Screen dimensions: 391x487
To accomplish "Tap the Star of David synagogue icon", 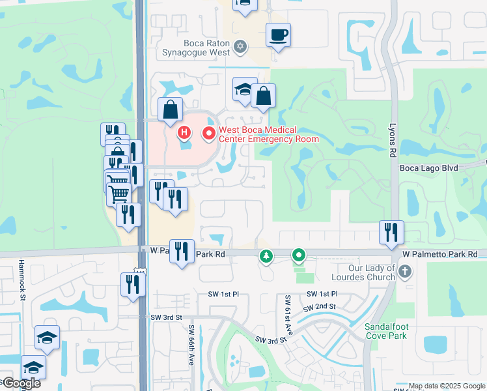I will click(x=241, y=46).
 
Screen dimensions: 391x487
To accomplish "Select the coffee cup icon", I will click(x=278, y=35).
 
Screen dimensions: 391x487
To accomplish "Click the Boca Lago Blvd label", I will click(x=429, y=167).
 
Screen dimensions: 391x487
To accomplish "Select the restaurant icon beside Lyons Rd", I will click(x=391, y=233).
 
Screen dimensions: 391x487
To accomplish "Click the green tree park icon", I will click(x=266, y=256).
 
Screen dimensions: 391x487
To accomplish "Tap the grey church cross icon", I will click(x=405, y=270).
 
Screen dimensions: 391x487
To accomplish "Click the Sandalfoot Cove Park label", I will click(x=385, y=331).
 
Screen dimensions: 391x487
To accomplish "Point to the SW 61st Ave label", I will click(x=287, y=315).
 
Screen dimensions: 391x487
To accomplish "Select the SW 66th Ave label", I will click(x=191, y=345).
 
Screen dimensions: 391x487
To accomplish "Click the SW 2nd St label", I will click(x=322, y=306).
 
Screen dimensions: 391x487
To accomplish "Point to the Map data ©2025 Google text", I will click(x=446, y=386).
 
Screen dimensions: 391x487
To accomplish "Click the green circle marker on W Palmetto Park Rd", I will click(x=299, y=255).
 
